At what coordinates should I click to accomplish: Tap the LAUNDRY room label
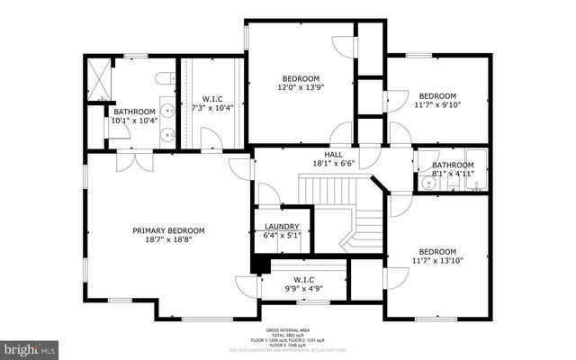(x=281, y=227)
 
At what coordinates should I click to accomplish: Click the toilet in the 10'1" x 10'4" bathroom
(x=164, y=81)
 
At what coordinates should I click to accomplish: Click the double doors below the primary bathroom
(x=133, y=162)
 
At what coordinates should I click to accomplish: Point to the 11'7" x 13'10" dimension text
(x=436, y=262)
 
